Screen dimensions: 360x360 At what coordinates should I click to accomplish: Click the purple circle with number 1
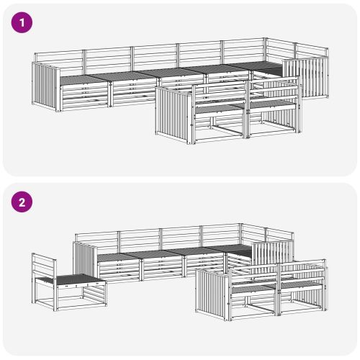tap(22, 22)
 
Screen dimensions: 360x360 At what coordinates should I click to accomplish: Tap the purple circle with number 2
tap(22, 202)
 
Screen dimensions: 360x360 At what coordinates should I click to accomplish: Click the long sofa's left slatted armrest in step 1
tap(46, 86)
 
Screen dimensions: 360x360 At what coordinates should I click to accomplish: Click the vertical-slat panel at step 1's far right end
tap(305, 77)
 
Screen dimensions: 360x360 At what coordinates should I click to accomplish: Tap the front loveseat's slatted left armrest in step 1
tap(174, 114)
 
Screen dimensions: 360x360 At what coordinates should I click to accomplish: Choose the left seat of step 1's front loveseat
tap(220, 108)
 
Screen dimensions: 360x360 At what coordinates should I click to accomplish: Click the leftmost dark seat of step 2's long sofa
tap(117, 257)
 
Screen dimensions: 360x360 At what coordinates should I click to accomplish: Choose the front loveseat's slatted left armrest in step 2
tap(212, 294)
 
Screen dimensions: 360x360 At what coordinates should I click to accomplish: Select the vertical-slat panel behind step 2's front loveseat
tap(272, 254)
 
